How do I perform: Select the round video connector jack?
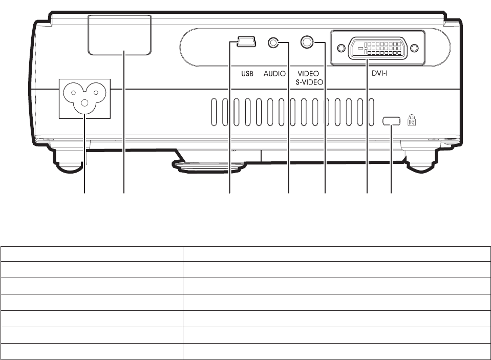click(x=308, y=41)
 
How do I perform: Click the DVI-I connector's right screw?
click(x=414, y=49)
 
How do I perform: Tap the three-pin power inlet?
click(x=84, y=98)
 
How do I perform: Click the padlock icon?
click(x=411, y=120)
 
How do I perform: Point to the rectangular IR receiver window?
click(x=120, y=35)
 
